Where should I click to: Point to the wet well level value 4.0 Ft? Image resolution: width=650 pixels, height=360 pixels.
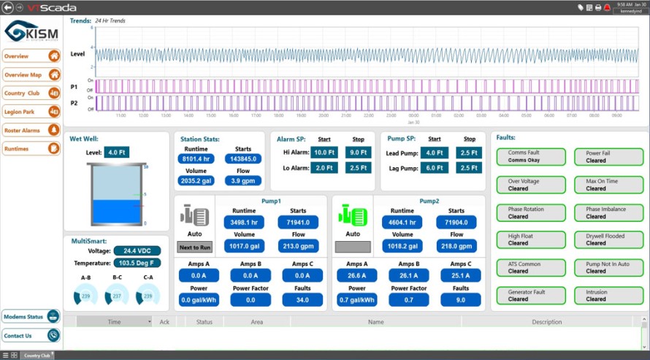115,153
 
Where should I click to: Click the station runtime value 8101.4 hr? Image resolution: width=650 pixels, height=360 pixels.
196,159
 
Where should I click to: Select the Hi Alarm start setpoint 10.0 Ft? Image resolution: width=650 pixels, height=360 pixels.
324,153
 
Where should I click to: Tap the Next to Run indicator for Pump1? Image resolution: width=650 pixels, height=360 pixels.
195,247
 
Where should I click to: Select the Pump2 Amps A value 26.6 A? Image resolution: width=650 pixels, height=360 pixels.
357,275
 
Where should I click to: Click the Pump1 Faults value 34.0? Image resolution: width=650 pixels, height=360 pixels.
302,299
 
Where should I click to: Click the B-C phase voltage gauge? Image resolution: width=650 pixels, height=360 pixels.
117,296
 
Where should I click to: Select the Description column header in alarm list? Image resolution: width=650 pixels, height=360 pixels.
546,321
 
